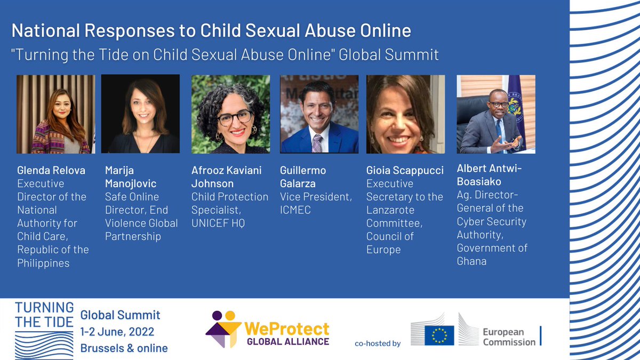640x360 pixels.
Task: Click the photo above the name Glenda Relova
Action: tap(55, 114)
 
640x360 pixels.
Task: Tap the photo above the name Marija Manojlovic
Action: tap(140, 114)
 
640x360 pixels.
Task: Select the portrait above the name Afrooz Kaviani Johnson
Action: tap(230, 114)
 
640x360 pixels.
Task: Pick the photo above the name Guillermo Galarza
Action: tap(319, 114)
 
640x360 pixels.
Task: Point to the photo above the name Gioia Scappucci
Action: tap(406, 114)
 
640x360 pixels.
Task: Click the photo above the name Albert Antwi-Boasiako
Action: tap(496, 114)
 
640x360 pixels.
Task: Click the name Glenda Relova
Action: tap(51, 170)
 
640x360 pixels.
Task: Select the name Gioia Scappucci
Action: tap(405, 170)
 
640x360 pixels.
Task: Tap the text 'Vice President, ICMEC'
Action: tap(315, 203)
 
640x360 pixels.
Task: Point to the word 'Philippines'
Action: tap(43, 263)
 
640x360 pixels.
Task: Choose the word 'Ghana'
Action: tap(471, 260)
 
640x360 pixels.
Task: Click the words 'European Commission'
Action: tap(509, 336)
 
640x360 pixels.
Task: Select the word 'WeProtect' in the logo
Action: tap(286, 328)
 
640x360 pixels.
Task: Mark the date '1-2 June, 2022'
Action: tap(117, 332)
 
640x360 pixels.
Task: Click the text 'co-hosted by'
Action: tap(377, 343)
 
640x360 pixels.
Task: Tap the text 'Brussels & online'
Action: tap(124, 348)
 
